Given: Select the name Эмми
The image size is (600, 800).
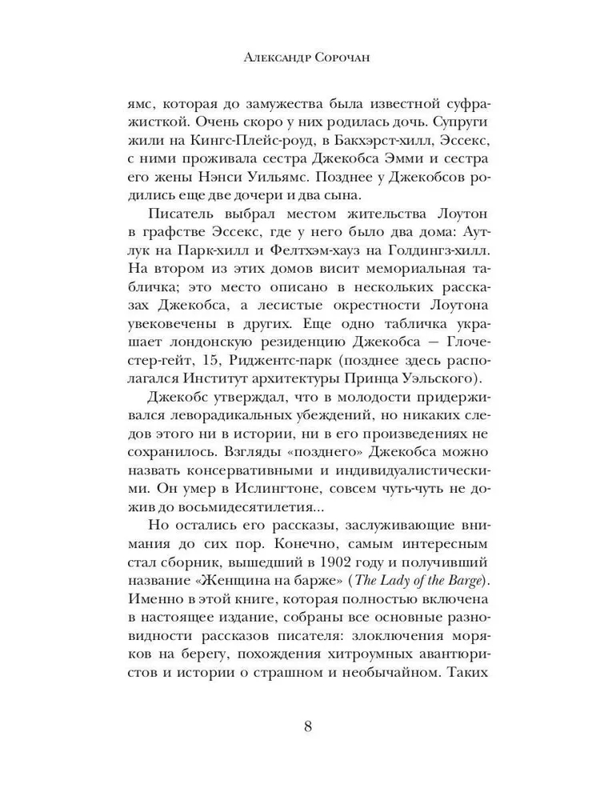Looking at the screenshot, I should pyautogui.click(x=375, y=165).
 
